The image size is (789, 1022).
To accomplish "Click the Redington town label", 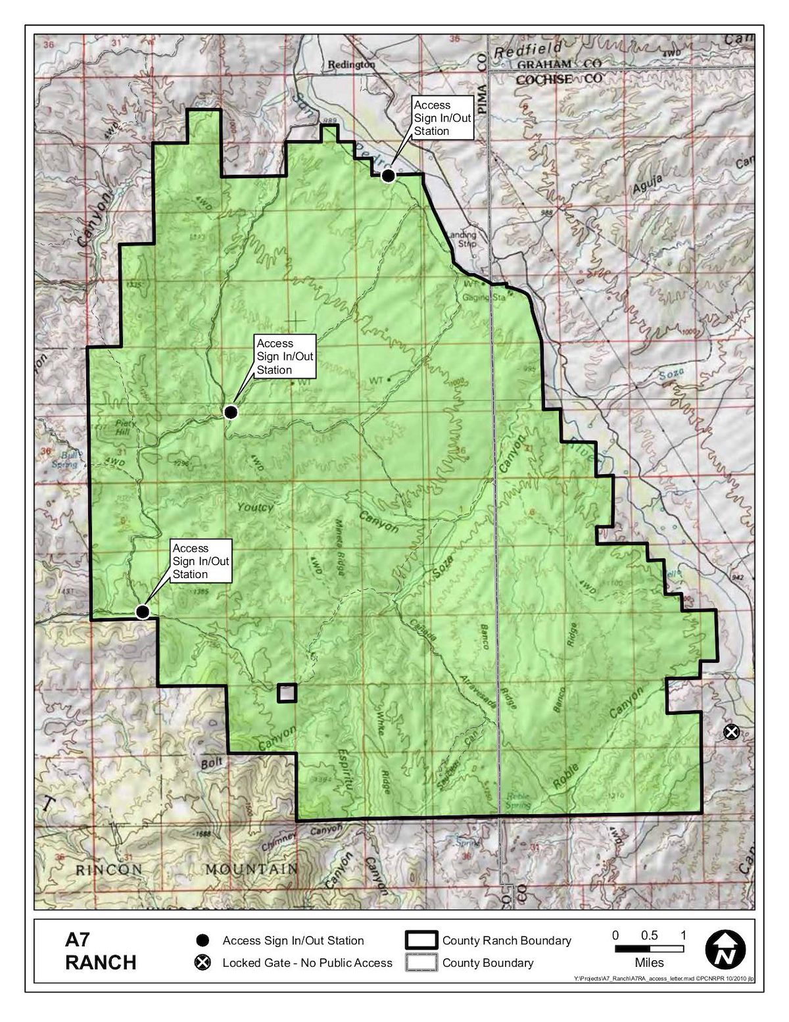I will (x=351, y=64).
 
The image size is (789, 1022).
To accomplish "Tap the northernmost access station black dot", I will (x=389, y=176).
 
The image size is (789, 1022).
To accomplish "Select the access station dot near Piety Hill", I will (x=230, y=412).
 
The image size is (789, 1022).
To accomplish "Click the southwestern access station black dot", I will (x=142, y=612).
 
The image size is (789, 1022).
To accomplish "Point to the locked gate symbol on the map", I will (x=730, y=732).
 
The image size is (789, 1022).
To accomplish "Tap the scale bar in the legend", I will (x=649, y=949).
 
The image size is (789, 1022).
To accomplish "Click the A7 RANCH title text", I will (x=101, y=951).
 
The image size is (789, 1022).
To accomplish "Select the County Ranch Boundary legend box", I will (x=421, y=940).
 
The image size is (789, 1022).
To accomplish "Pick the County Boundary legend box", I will (x=421, y=963).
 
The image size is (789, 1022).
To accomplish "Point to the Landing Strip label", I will (x=461, y=239).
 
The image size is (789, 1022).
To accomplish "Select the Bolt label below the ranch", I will (x=212, y=763).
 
